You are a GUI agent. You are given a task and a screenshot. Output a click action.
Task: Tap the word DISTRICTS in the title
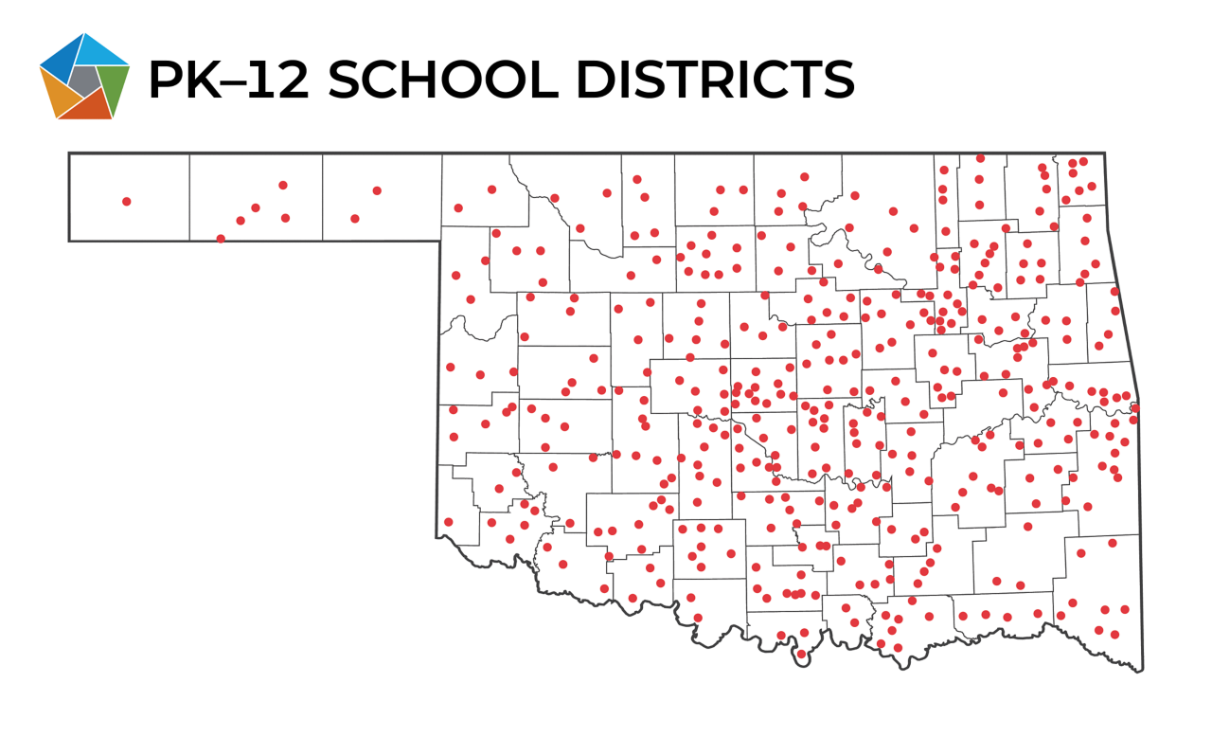[x=716, y=80]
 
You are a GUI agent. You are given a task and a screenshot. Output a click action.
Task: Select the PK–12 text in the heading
[x=228, y=80]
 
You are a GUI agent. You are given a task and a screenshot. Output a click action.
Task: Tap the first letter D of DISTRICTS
[x=597, y=80]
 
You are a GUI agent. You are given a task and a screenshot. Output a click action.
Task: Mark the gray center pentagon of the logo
[x=83, y=81]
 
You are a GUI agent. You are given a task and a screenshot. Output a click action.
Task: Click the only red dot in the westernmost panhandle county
[x=126, y=201]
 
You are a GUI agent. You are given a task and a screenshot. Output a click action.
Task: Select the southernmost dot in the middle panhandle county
[x=221, y=239]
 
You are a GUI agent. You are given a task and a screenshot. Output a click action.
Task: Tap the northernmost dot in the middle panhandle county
[x=282, y=185]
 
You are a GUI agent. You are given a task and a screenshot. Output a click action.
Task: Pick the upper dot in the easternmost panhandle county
[x=376, y=190]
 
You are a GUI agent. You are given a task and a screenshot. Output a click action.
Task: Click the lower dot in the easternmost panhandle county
[x=354, y=218]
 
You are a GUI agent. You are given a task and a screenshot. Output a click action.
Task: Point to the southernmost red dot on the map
[x=801, y=654]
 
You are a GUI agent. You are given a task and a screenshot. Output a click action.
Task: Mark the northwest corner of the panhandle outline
[x=69, y=153]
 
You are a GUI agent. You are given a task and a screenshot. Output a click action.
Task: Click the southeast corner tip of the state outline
[x=1142, y=670]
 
